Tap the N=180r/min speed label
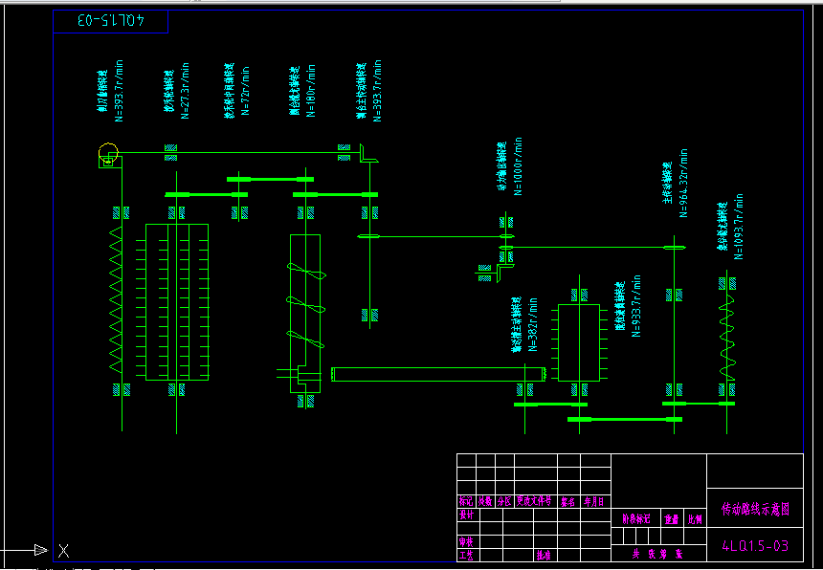(312, 92)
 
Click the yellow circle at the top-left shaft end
(108, 152)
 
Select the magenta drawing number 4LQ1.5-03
(754, 546)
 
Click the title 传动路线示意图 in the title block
(755, 509)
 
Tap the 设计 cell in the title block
(467, 515)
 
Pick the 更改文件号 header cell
(535, 500)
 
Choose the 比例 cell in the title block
(696, 519)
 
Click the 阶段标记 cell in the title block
(636, 519)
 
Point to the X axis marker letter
(63, 550)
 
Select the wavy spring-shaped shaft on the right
(724, 330)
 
